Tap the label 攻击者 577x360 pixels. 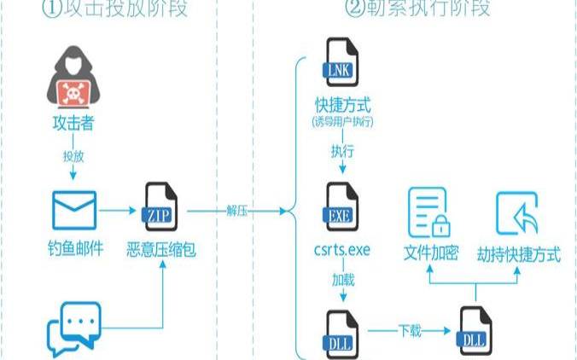coord(72,125)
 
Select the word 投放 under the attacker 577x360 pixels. coord(72,158)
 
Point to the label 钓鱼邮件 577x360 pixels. coord(76,251)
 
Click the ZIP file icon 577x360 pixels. coord(160,205)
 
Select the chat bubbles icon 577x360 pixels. coord(74,329)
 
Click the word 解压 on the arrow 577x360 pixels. coord(237,211)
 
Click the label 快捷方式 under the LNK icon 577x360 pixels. coord(343,107)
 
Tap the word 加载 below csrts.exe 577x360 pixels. coord(342,279)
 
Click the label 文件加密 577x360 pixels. coord(431,253)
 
